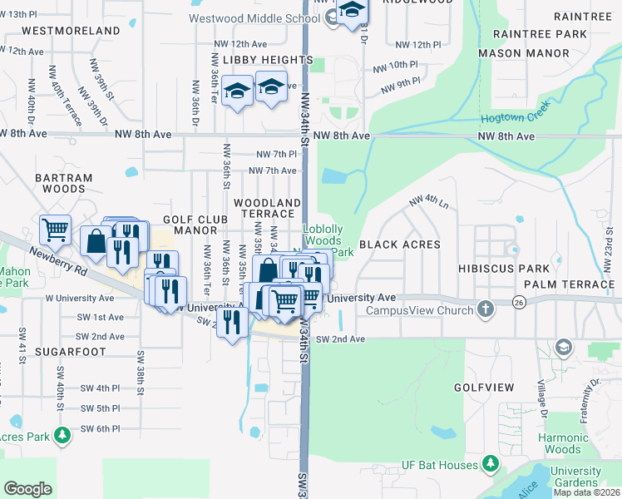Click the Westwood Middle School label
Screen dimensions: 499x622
254,17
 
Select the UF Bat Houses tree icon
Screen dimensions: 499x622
491,462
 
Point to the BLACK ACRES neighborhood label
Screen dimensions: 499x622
399,245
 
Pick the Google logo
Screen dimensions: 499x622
27,489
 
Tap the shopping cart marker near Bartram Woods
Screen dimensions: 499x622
56,229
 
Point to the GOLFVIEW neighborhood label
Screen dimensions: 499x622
485,388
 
